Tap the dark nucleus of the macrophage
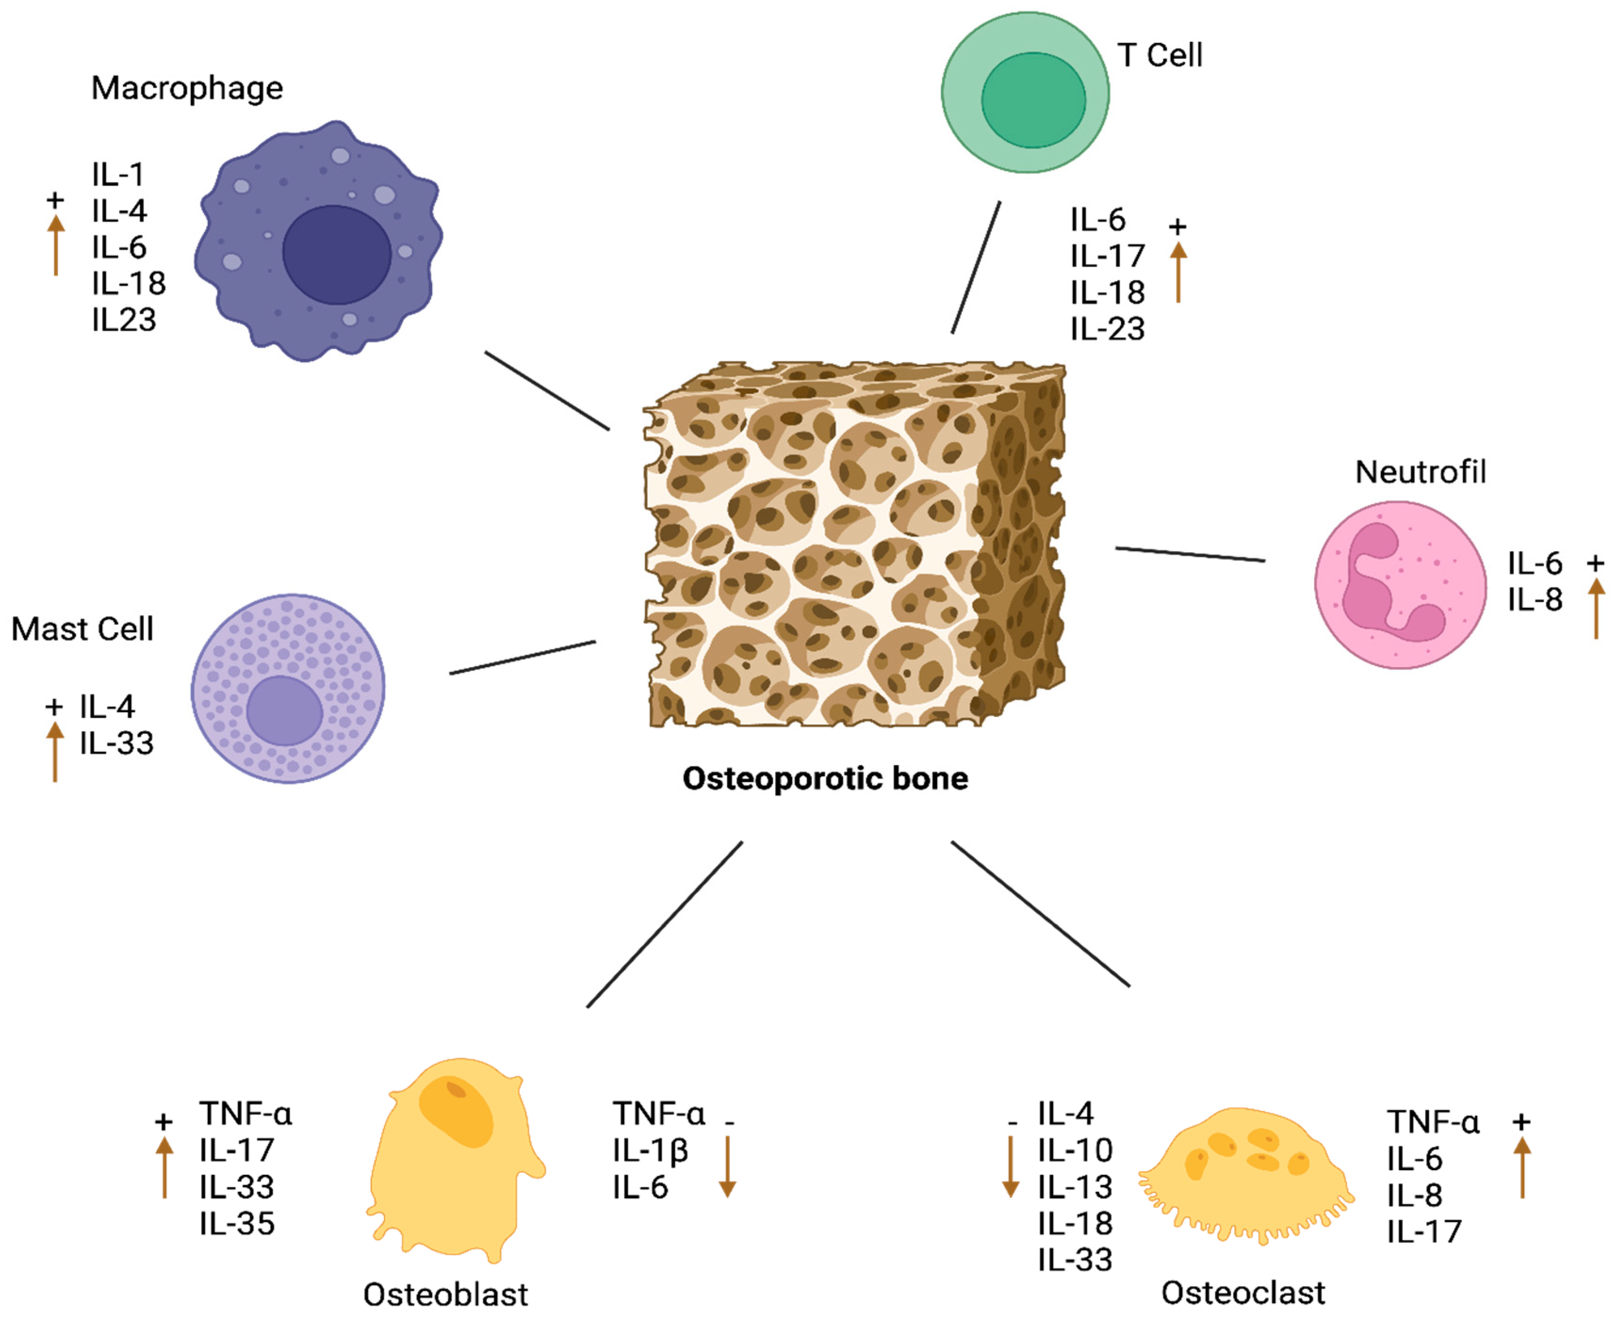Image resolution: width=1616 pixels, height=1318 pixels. (336, 254)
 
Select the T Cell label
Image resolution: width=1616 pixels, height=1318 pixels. (1159, 56)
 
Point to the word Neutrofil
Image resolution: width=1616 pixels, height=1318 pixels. (1420, 472)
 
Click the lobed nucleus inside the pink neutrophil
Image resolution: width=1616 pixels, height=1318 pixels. (1374, 585)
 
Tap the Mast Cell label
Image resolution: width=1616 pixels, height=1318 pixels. (82, 629)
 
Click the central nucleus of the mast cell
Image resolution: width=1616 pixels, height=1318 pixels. (285, 711)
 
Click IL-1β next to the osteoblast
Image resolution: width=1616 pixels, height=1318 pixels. (650, 1151)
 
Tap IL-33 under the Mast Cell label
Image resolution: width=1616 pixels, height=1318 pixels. (116, 743)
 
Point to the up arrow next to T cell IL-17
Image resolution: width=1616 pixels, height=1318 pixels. (1178, 273)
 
